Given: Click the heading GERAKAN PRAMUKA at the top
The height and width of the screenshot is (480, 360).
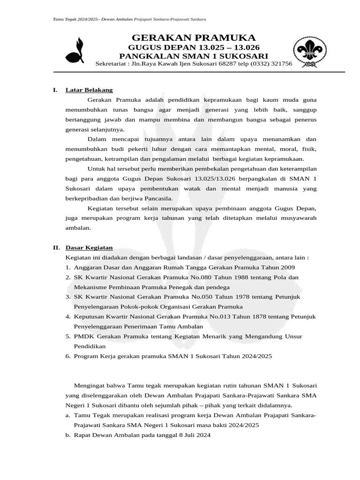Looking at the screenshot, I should [x=194, y=38].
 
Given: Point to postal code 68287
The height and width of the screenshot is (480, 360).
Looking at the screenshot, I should [x=222, y=64].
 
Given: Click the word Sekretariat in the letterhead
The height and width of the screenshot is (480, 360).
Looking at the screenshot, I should [x=111, y=64].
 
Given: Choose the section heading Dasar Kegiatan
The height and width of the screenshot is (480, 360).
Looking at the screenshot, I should [x=89, y=248].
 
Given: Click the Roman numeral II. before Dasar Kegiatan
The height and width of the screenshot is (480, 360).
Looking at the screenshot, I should [x=56, y=248].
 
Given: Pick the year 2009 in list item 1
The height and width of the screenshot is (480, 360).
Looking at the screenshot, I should [x=288, y=267].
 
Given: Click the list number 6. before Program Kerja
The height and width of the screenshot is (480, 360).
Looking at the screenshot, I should [x=68, y=356].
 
